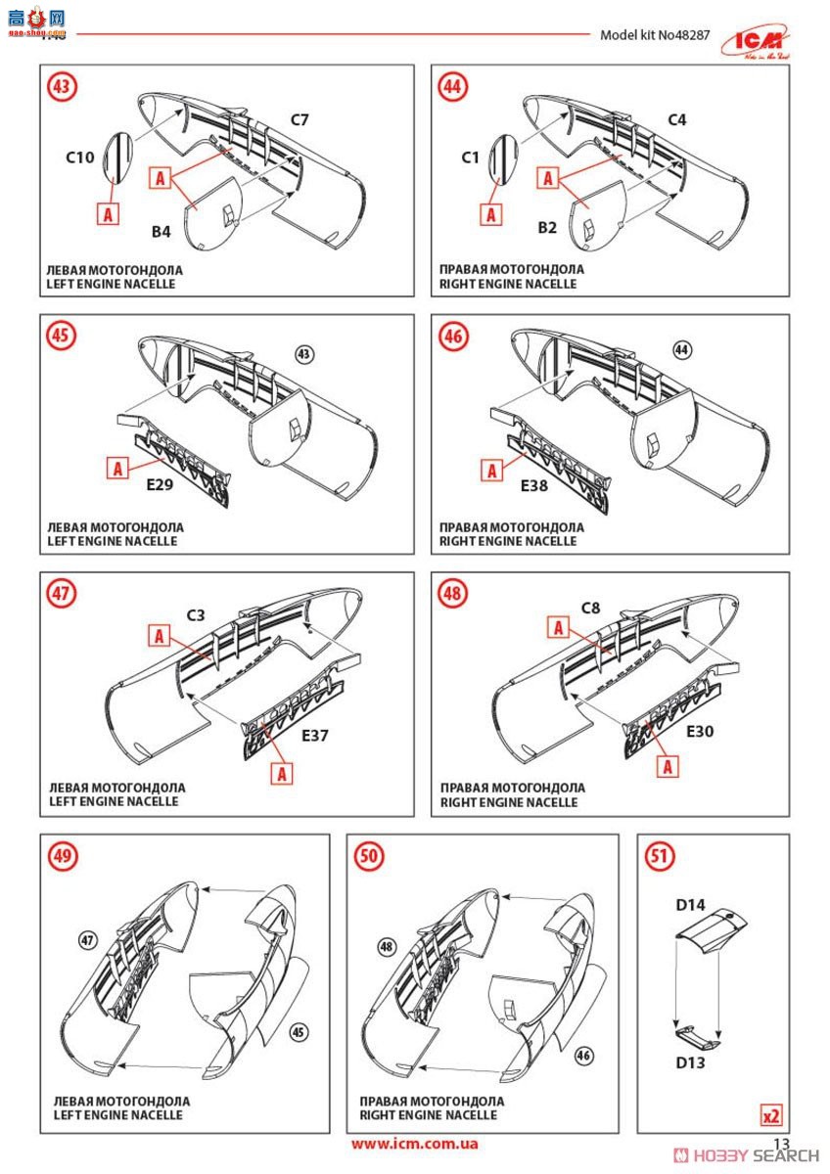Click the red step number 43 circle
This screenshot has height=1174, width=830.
tap(62, 86)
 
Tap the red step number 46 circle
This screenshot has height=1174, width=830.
tap(453, 336)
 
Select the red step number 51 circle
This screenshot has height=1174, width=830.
tap(659, 856)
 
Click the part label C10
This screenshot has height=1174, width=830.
tap(79, 158)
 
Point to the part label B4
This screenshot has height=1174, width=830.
tap(161, 231)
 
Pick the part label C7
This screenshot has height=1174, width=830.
tap(300, 120)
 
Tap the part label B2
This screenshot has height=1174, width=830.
tap(547, 227)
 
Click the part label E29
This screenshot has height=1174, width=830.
tap(160, 484)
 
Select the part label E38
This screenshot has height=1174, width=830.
tap(534, 486)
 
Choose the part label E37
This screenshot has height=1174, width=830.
tap(315, 736)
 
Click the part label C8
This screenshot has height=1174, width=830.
tap(591, 608)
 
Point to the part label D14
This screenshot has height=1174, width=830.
tap(691, 905)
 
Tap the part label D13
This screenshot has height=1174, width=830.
tap(691, 1062)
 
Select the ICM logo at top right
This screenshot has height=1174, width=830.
tap(756, 43)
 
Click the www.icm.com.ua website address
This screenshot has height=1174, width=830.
tap(414, 1143)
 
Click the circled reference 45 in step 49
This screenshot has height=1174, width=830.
tap(299, 1032)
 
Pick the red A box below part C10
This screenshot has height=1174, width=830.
tap(108, 214)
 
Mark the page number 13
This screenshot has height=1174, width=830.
tap(781, 1143)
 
